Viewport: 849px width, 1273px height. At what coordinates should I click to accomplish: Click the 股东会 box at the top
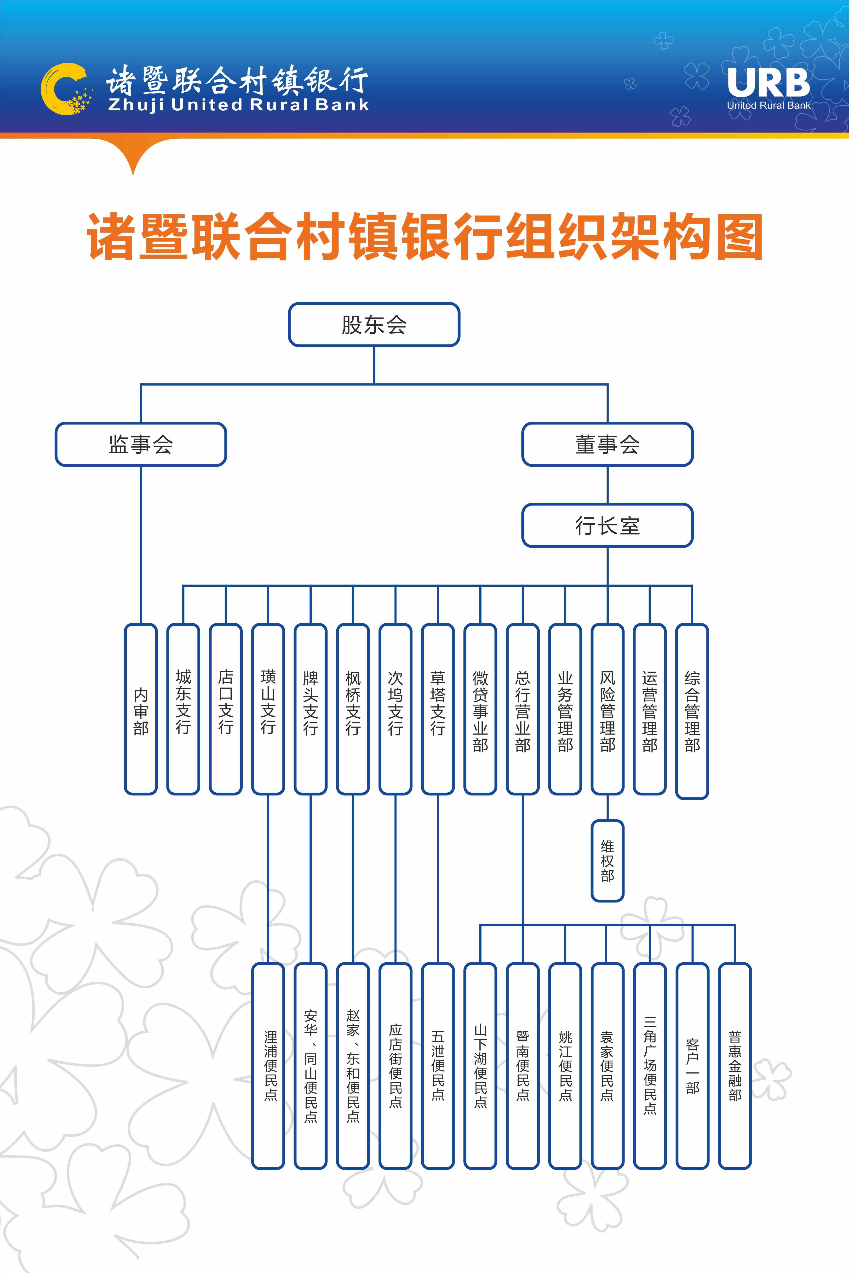tap(374, 325)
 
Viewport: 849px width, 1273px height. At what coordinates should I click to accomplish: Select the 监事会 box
tap(141, 444)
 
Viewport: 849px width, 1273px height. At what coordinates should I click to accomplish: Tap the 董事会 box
tap(607, 444)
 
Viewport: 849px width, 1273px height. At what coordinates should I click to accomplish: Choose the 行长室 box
tap(607, 526)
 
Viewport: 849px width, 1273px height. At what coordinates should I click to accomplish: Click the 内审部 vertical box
tap(141, 709)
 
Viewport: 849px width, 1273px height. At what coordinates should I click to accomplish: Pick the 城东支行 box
tap(183, 709)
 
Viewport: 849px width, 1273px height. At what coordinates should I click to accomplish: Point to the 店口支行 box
tap(226, 709)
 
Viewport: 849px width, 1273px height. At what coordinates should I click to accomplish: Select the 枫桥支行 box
tap(353, 709)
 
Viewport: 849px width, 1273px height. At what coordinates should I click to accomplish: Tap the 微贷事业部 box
tap(480, 709)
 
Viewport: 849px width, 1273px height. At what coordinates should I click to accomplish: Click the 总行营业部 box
tap(522, 709)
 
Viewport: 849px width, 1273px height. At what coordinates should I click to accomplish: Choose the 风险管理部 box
tap(608, 709)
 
